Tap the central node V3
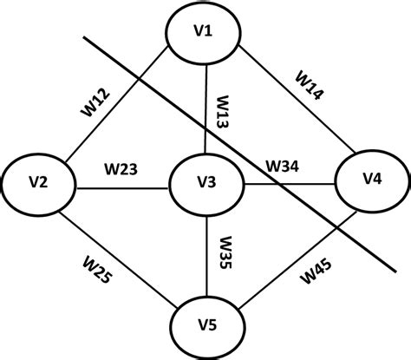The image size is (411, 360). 205,183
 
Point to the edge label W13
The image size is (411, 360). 222,111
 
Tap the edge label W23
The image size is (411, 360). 121,167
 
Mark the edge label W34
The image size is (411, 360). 283,165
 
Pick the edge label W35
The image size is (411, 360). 224,253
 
